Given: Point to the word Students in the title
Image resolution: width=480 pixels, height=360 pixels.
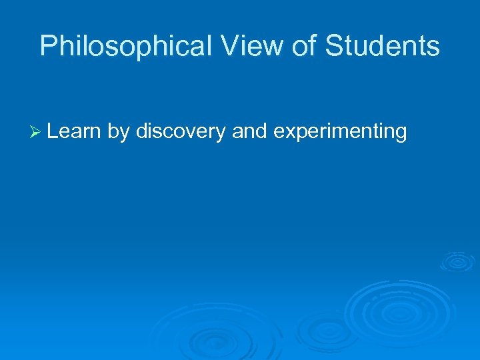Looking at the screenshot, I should [x=382, y=47].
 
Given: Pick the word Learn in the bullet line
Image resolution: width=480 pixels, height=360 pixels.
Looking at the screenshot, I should [x=73, y=131].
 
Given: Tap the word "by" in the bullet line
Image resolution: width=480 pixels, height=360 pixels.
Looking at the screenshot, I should [x=118, y=131].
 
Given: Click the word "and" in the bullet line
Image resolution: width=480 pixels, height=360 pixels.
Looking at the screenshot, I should [x=249, y=131].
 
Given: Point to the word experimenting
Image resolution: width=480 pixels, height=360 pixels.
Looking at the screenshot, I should [x=340, y=131].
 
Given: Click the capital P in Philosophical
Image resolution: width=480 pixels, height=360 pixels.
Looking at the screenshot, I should [x=48, y=47].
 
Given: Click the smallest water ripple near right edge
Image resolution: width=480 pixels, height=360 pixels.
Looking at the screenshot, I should [x=457, y=261].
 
